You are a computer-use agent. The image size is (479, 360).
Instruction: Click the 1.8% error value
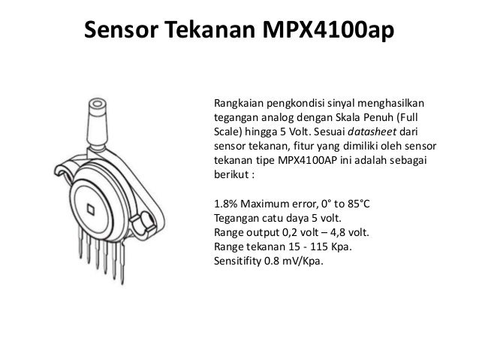227,204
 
